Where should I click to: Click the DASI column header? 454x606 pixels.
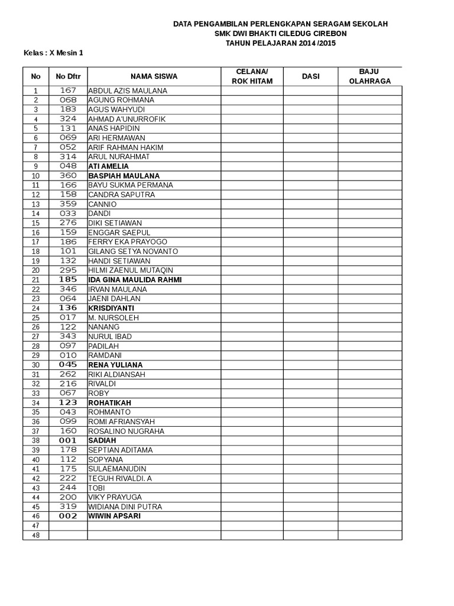310,76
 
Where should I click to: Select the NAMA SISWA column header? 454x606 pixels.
154,76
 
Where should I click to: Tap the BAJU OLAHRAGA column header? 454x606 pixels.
370,76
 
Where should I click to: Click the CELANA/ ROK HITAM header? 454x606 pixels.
252,76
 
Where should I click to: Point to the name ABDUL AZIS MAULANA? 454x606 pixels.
128,91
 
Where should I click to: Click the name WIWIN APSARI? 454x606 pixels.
115,516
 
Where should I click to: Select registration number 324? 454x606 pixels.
68,119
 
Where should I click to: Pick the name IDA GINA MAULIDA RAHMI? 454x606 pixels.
135,280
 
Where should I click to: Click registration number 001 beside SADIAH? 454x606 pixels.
68,440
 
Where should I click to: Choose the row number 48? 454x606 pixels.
35,535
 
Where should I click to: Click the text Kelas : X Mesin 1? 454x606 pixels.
53,53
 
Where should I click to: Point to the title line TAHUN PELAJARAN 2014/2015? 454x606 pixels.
280,43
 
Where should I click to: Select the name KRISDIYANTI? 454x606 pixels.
111,308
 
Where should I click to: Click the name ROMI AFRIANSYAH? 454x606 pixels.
121,421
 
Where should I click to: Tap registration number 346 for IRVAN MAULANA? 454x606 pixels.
68,289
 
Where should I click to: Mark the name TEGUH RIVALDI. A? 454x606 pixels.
120,478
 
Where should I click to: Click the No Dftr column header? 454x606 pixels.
68,76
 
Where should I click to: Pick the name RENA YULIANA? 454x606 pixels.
115,365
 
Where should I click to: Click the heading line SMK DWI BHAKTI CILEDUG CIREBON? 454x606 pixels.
280,34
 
